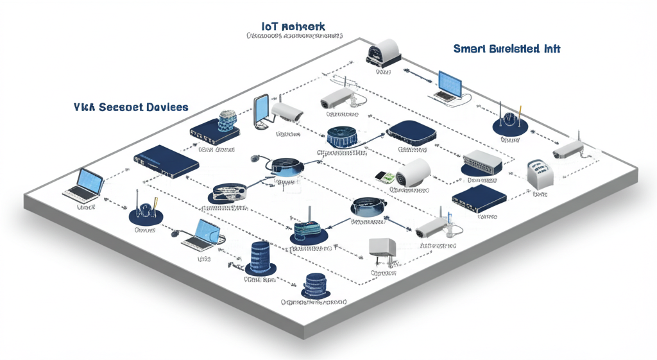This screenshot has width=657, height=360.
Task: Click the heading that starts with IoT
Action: (293, 26)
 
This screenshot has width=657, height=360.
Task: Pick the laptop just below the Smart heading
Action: (448, 86)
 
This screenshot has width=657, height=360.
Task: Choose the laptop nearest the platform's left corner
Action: (83, 185)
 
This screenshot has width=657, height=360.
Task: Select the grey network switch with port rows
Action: (482, 163)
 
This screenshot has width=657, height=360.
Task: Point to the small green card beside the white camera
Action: (384, 176)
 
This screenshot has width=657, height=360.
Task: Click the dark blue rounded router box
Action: (412, 132)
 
